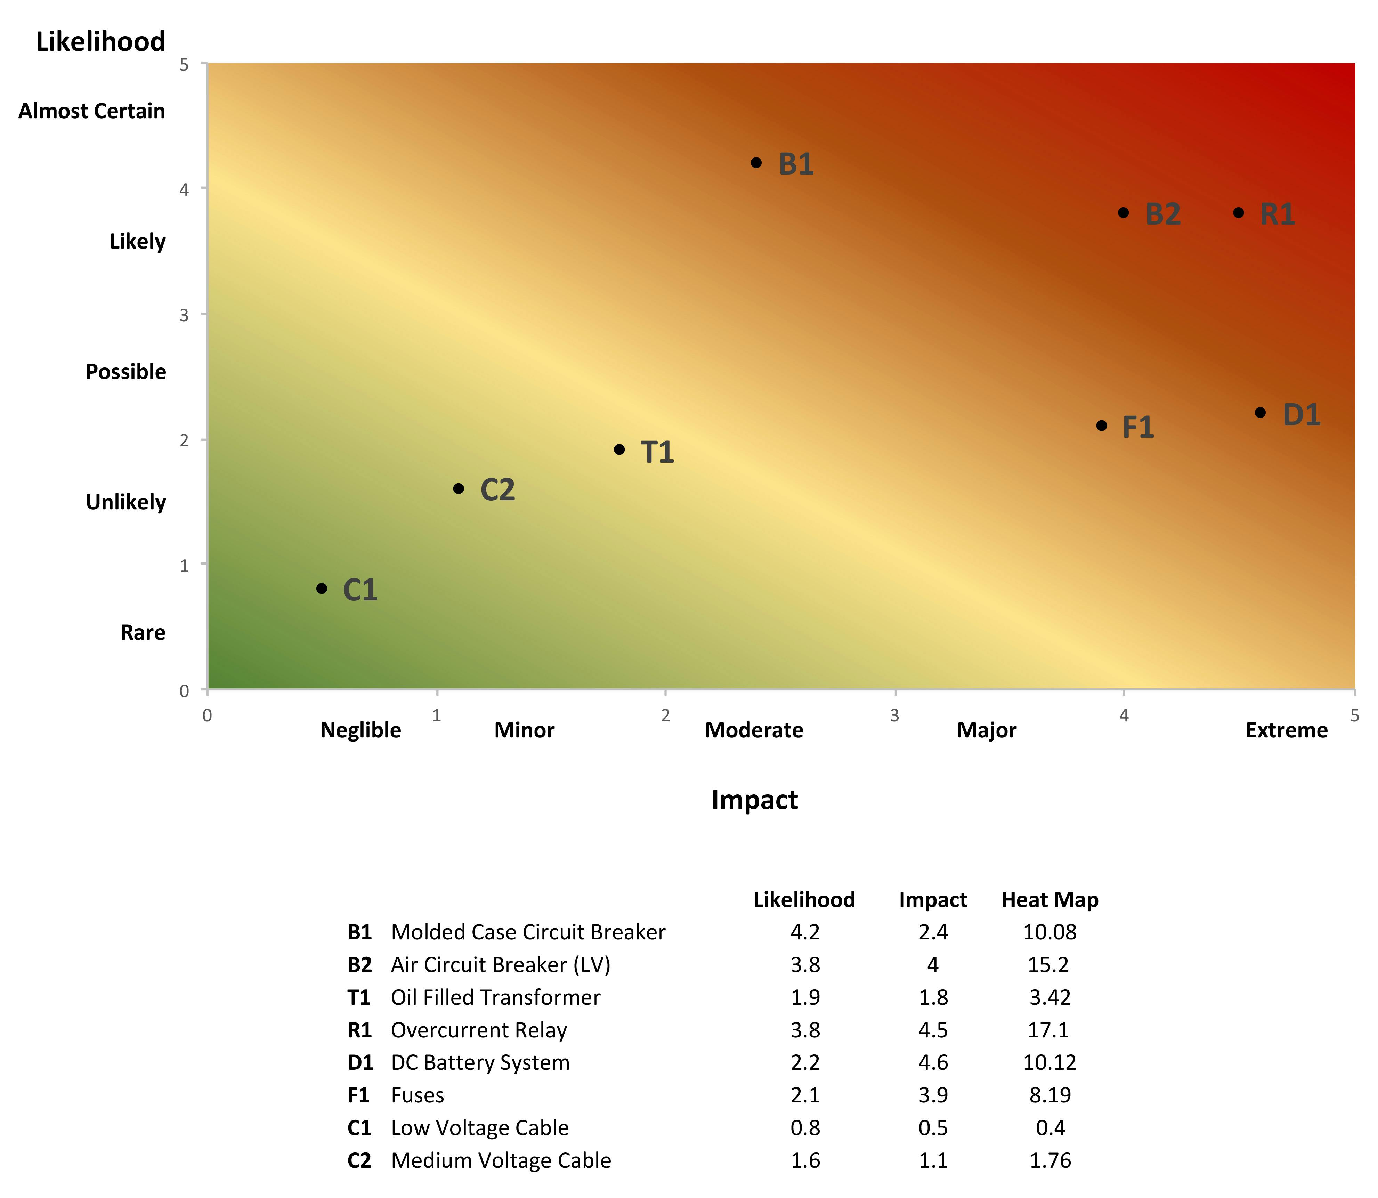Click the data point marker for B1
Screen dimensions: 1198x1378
(x=756, y=162)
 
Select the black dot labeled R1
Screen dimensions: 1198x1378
(x=1238, y=213)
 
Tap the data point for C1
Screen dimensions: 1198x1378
(x=322, y=588)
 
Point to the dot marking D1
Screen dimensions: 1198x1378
(x=1260, y=412)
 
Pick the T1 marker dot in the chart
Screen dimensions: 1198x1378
(x=619, y=449)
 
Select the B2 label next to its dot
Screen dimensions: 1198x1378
(x=1163, y=214)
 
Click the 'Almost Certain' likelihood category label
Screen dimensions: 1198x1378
(x=91, y=111)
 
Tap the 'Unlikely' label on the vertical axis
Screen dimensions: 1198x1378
(x=126, y=502)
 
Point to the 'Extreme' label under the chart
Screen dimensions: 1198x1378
(x=1287, y=730)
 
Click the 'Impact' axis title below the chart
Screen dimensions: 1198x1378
(x=754, y=800)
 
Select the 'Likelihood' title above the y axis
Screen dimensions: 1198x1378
(x=100, y=41)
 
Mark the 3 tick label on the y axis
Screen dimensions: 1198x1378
(x=184, y=315)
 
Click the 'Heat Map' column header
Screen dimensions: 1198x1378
(x=1050, y=900)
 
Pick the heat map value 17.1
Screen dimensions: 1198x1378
(x=1048, y=1030)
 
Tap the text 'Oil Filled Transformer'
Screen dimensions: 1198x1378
(x=495, y=997)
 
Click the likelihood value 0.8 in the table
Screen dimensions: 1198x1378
(x=805, y=1128)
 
